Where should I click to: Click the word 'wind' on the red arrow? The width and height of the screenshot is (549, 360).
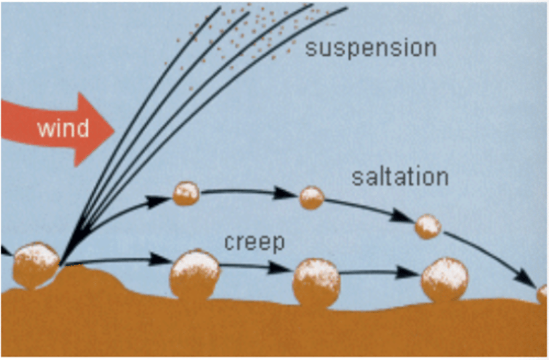(x=63, y=128)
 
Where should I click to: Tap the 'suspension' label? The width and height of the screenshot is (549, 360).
(x=371, y=48)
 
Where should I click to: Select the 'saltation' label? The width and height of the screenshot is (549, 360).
(x=400, y=177)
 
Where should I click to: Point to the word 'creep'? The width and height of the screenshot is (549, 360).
(x=254, y=242)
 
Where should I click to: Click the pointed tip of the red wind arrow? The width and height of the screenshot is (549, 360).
(x=113, y=130)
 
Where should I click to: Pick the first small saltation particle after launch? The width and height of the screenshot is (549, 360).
(x=186, y=194)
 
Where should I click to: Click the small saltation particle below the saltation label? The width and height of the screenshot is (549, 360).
(x=312, y=198)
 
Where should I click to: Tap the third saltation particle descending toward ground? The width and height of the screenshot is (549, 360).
(x=428, y=227)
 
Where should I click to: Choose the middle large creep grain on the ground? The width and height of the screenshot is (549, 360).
(x=316, y=281)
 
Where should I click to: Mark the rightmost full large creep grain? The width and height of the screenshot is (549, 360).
(x=445, y=280)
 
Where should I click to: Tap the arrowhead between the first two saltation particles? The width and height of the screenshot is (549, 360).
(x=285, y=193)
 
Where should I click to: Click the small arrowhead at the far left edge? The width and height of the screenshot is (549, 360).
(x=5, y=250)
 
